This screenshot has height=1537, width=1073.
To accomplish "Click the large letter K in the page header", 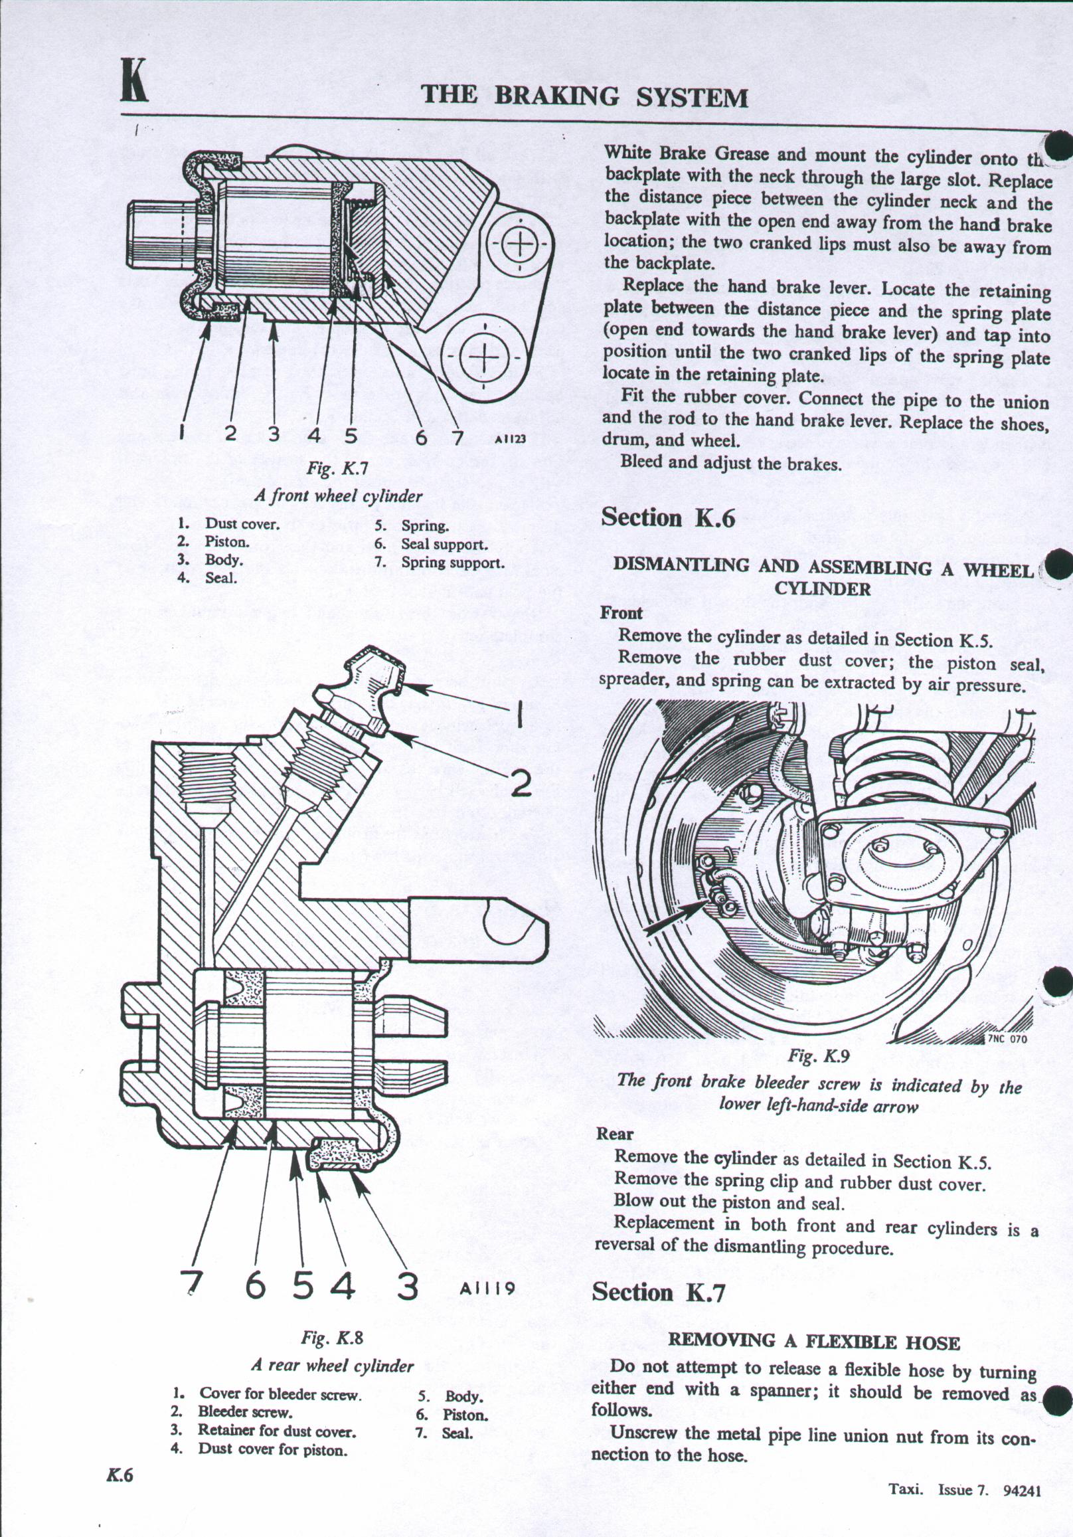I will point(135,82).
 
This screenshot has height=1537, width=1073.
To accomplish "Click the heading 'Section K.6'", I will point(667,518).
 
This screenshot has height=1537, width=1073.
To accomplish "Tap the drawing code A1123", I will point(510,440).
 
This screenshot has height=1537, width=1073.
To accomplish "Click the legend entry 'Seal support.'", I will point(444,544).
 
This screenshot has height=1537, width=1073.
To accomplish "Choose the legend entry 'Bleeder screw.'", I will point(245,1413).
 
